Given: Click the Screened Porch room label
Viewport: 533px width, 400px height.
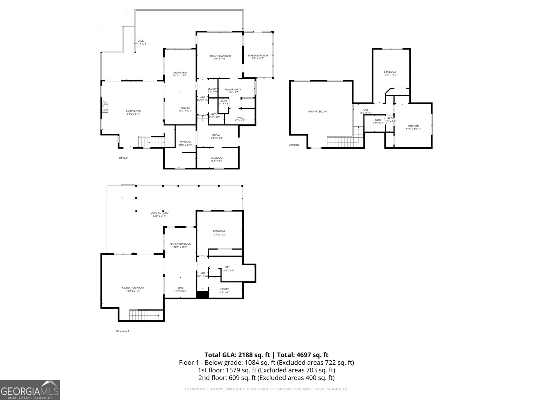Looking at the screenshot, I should [x=258, y=57].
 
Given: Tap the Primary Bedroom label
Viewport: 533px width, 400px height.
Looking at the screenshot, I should [x=220, y=57].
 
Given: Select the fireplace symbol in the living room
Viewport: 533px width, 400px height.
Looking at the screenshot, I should [x=105, y=107].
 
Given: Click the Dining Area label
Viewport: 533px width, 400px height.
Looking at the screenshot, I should [x=180, y=74].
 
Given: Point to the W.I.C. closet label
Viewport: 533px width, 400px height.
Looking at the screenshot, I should [x=240, y=119].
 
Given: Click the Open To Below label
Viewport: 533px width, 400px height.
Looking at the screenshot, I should [x=317, y=112].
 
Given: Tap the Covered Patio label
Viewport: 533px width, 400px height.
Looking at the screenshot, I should [x=160, y=214].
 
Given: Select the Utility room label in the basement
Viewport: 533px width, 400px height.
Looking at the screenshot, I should [x=224, y=291].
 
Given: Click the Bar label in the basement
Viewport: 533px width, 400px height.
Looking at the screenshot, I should [x=180, y=289].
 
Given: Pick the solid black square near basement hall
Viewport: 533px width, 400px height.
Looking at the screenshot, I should [x=202, y=295].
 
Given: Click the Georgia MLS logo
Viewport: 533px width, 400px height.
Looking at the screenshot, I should [x=30, y=390].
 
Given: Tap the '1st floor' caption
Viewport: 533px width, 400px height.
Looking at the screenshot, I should [x=123, y=158].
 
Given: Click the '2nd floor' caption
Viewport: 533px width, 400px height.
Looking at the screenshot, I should [x=294, y=145].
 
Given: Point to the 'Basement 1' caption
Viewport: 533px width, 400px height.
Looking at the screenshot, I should [x=123, y=331].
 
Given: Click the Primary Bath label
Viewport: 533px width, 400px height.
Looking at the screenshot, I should [x=233, y=91].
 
